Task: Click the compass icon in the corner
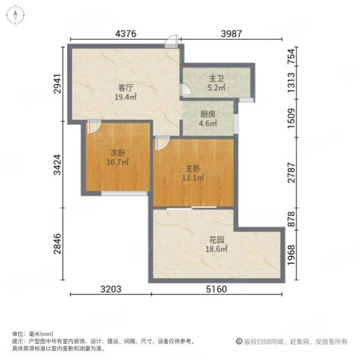click(16, 15)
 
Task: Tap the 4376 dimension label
click(125, 34)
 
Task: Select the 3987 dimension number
click(232, 34)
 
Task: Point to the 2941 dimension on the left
click(58, 83)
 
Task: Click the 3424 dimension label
click(58, 164)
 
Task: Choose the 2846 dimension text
click(58, 244)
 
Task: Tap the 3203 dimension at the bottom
click(111, 289)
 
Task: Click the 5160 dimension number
click(217, 289)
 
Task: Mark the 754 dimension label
click(292, 56)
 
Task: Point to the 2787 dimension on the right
click(292, 172)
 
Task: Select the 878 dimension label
click(292, 219)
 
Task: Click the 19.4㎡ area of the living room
click(126, 97)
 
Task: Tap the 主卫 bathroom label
click(216, 79)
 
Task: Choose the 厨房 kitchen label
click(208, 114)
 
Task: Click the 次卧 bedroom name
click(118, 152)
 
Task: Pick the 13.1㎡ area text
click(193, 178)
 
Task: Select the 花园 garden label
click(217, 240)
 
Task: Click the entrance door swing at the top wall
click(172, 41)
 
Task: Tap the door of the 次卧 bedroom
click(94, 127)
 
